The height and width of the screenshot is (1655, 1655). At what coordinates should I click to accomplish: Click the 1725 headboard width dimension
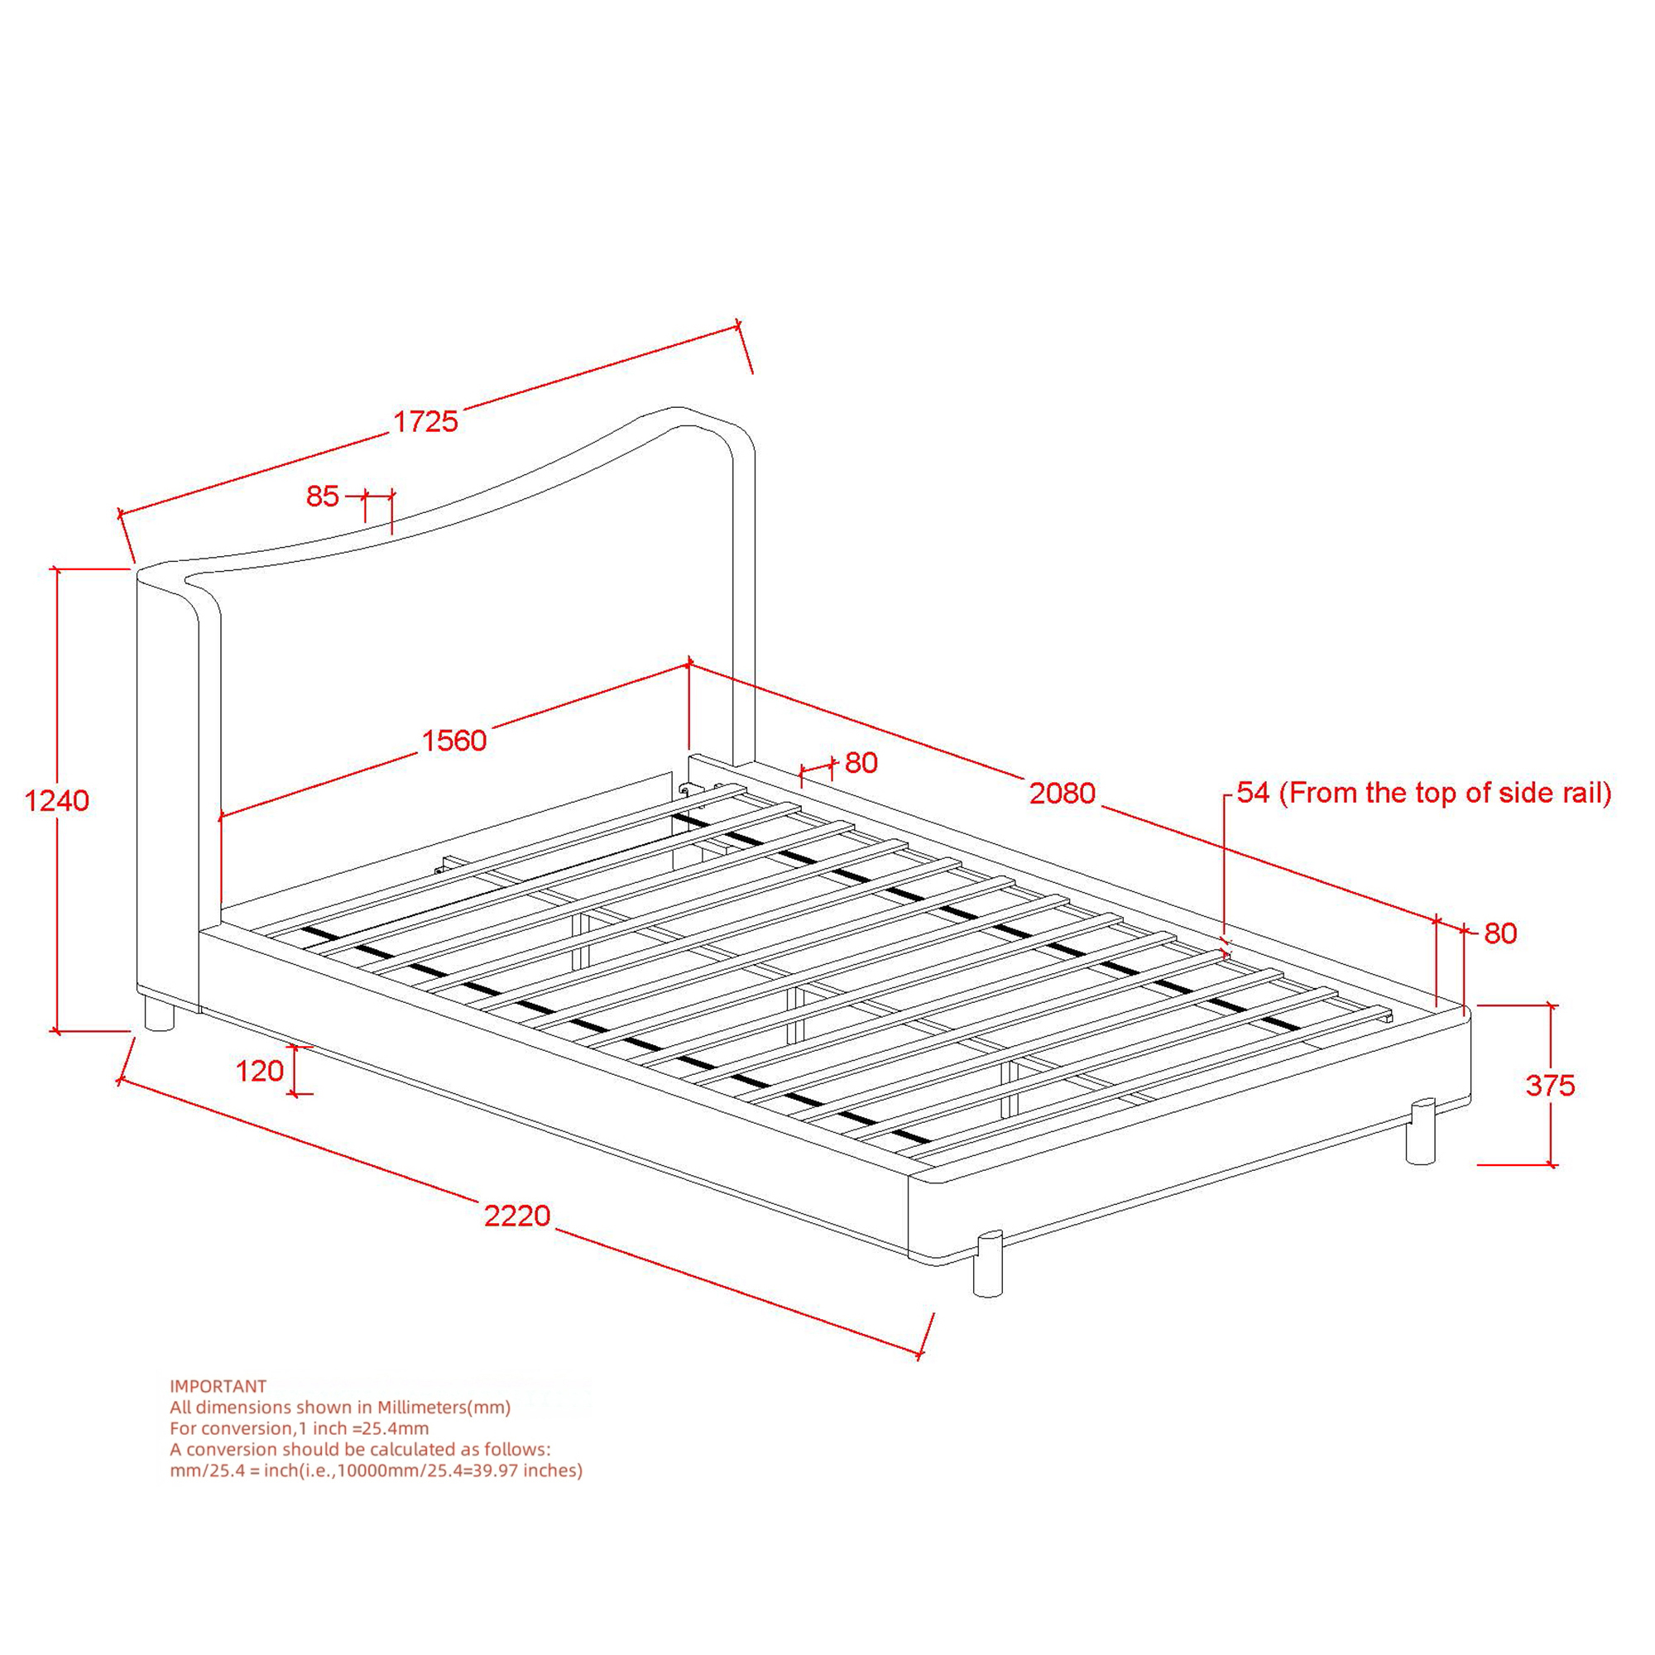tap(425, 421)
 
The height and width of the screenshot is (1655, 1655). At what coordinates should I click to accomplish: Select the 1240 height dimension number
tap(56, 800)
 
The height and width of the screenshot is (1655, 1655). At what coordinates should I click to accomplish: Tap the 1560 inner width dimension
tap(454, 740)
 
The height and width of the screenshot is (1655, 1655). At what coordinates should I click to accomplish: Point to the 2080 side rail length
tap(1063, 794)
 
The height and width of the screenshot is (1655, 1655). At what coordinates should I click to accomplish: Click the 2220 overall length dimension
tap(517, 1215)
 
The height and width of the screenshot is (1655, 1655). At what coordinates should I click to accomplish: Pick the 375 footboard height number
tap(1551, 1086)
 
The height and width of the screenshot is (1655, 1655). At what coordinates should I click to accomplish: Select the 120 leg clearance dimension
tap(260, 1070)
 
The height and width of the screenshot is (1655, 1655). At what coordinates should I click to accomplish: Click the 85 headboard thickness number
tap(323, 496)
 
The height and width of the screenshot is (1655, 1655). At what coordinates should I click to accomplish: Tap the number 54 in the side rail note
tap(1253, 793)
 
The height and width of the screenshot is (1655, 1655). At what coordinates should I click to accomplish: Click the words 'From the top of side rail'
tap(1445, 794)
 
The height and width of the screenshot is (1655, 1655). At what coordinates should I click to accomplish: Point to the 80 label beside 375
tap(1501, 933)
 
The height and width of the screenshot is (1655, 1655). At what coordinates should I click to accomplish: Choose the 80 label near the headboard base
tap(861, 762)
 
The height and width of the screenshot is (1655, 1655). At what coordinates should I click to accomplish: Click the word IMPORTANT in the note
tap(218, 1386)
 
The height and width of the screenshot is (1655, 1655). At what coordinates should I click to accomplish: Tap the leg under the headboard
tap(160, 1015)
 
